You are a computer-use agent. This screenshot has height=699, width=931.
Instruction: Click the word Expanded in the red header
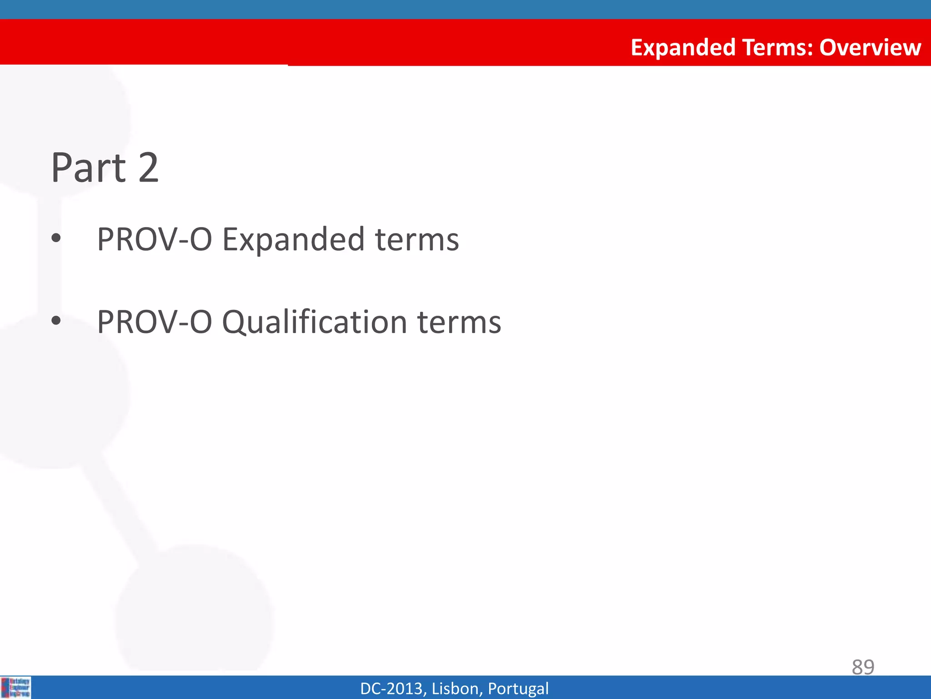(683, 48)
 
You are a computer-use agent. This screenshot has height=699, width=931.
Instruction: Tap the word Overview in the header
(870, 47)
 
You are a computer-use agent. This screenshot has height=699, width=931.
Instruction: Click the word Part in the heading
(88, 168)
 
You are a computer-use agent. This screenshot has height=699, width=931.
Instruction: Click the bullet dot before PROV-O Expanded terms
(56, 238)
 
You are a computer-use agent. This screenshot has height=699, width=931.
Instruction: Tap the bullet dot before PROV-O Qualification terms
(56, 321)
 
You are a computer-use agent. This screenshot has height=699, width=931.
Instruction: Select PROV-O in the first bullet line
(155, 239)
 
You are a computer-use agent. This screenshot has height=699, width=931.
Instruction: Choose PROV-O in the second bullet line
(155, 322)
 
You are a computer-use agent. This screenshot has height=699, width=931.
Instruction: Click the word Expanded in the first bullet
(293, 240)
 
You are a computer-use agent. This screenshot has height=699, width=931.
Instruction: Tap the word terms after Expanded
(417, 240)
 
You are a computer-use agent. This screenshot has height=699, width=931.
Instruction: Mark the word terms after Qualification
(459, 323)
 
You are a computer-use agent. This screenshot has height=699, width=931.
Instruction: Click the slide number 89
(863, 667)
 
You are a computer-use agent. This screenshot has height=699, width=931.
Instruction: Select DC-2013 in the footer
(393, 689)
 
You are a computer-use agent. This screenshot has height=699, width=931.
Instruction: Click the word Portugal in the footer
(518, 689)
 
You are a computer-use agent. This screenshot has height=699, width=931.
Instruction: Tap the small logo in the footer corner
(16, 687)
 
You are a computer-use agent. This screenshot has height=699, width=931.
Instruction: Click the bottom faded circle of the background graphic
(195, 610)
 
